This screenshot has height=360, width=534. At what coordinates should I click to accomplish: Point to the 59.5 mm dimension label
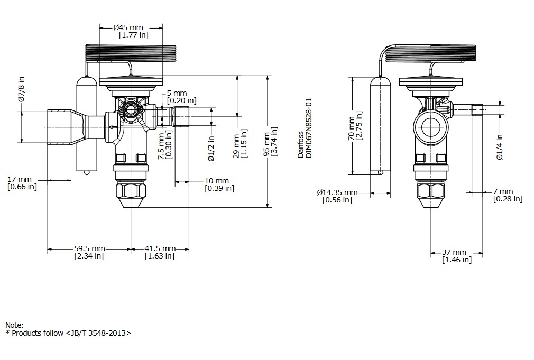pos(89,248)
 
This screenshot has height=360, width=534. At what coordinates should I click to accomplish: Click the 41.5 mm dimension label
pos(160,248)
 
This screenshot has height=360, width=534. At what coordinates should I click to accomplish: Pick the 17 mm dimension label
pos(20,180)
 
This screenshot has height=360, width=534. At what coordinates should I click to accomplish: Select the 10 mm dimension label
pos(217,181)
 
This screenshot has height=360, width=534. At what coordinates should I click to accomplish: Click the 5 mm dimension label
pos(180,93)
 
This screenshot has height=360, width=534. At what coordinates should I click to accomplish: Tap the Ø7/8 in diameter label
pos(21,89)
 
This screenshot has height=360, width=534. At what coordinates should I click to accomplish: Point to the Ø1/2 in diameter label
pos(210,149)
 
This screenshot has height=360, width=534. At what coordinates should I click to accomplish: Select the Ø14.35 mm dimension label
pos(337,192)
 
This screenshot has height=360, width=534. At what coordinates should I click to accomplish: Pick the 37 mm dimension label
pos(455,253)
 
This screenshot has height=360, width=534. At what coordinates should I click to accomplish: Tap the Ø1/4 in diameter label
pos(499,147)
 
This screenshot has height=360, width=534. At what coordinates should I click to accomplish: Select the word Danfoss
pos(301,145)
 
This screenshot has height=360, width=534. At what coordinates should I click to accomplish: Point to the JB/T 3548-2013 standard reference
pos(98,334)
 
